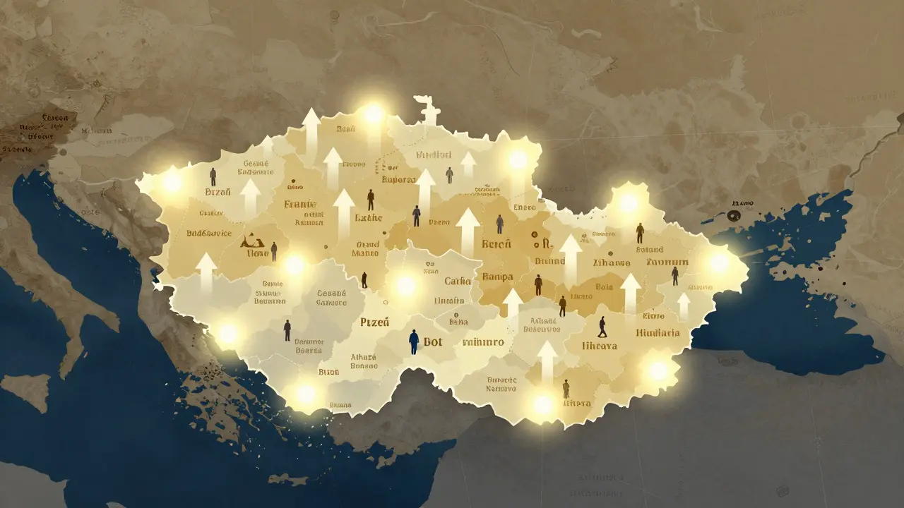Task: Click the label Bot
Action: click(x=433, y=342)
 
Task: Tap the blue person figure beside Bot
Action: click(x=414, y=341)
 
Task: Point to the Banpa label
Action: click(x=496, y=276)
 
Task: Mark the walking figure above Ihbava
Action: click(x=602, y=326)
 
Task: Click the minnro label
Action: click(x=482, y=342)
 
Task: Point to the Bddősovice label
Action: click(x=208, y=233)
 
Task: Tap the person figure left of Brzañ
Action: click(x=213, y=176)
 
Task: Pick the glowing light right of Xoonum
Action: click(x=719, y=262)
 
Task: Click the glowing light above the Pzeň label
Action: click(x=405, y=285)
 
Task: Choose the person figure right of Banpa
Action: click(x=538, y=284)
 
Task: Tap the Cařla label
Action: click(x=458, y=281)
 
